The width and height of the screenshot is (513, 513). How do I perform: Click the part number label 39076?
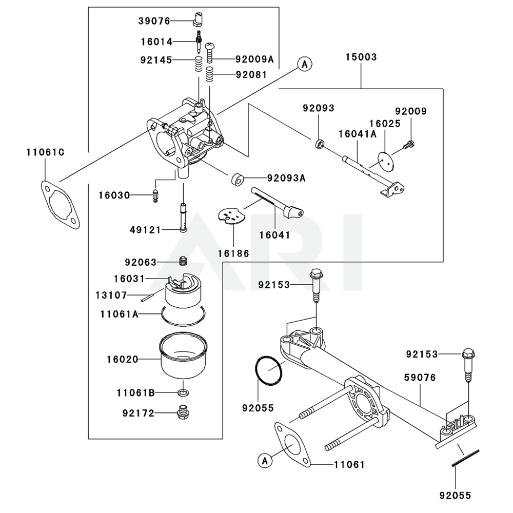(154, 21)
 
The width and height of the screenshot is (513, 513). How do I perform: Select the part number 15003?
(361, 57)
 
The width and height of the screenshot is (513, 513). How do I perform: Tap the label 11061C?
(45, 152)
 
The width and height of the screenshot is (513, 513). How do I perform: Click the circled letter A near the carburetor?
(304, 64)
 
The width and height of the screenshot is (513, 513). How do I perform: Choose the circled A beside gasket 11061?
(264, 461)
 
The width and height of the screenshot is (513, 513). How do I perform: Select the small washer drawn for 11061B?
(183, 393)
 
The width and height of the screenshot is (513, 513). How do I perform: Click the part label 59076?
(420, 378)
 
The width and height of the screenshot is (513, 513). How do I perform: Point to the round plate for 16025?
(385, 161)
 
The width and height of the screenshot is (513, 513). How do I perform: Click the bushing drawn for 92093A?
(237, 180)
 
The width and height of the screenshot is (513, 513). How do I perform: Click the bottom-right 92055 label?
(455, 496)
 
